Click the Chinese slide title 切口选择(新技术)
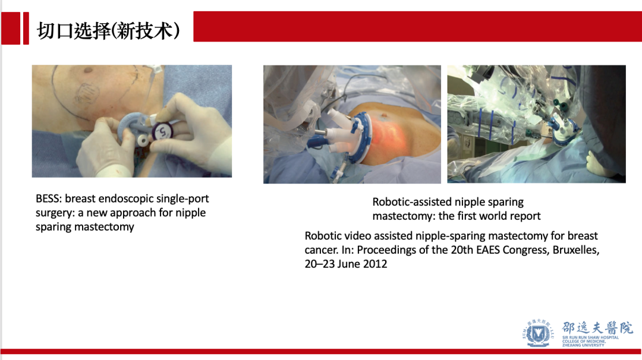coord(109,31)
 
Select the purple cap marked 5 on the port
coord(162,131)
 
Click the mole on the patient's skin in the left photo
coord(88,70)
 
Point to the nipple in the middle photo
coord(383,115)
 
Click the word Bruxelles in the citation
coord(575,250)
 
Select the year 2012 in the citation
coord(374,264)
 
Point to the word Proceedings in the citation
coord(385,250)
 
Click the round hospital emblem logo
coord(537,333)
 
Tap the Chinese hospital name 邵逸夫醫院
coord(597,328)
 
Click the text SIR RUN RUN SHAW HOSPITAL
coord(590,337)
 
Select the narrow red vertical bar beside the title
coord(26,29)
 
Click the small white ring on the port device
coord(143,140)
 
